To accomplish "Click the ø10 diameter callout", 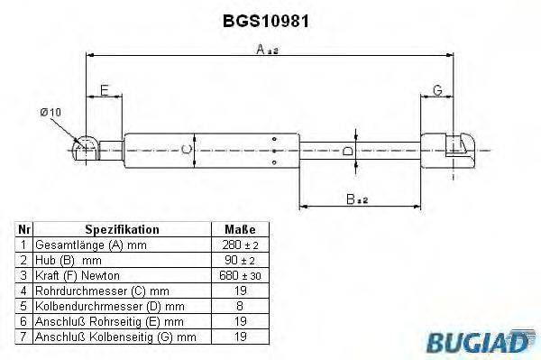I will point(51,111).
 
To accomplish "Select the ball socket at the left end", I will point(86,146).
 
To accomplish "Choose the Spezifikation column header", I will point(122,230).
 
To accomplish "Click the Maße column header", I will point(239,230).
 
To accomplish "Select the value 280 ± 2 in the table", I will point(239,245).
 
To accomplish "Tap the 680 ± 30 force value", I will point(239,274).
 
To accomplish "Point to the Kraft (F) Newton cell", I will point(77,274).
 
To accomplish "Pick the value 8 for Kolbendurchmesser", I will point(239,305).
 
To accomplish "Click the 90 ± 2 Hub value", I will point(239,260).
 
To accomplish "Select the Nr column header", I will point(24,230).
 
